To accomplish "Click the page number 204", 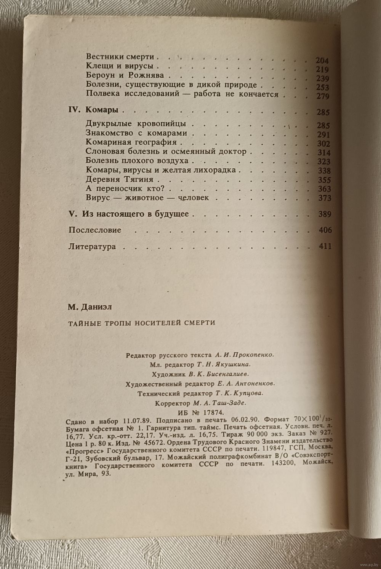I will point(322,61).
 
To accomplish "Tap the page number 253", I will point(323,88).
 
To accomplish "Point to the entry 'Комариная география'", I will point(131,142).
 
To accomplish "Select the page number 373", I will point(325,198).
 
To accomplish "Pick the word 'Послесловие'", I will point(95,230).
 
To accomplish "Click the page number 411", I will point(325,246).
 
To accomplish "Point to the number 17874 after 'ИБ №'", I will point(212,413).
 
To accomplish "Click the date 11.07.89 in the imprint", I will point(138,421).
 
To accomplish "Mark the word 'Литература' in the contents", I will point(92,246).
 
